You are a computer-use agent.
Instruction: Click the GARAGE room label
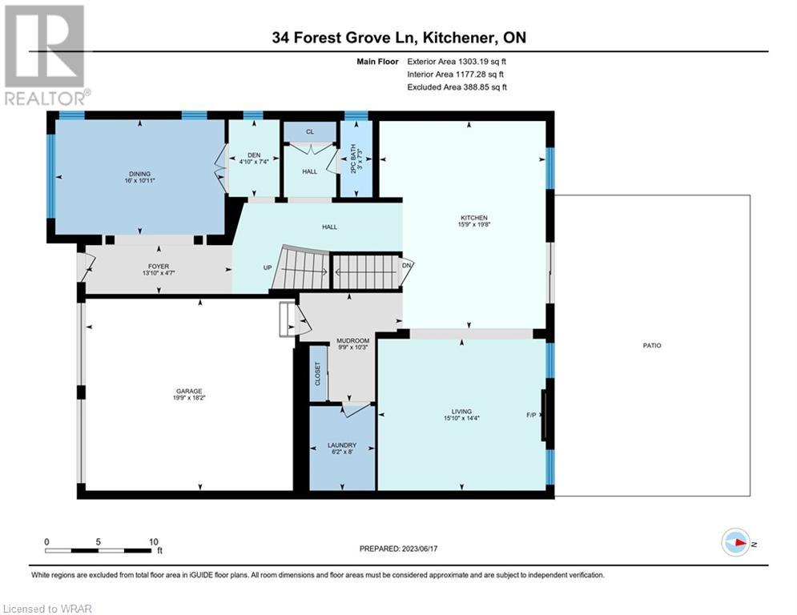189,391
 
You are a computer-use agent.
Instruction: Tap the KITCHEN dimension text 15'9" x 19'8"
473,224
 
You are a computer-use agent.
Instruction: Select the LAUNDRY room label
341,444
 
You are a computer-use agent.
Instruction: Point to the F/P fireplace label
531,416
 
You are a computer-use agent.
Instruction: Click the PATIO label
652,346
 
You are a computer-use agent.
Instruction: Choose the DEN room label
254,155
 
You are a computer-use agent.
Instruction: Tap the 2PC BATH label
354,159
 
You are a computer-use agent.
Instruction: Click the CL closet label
310,131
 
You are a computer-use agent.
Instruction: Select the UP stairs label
268,267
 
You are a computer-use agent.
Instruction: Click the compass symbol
736,543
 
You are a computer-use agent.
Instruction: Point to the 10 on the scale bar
154,542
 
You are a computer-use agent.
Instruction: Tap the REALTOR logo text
46,98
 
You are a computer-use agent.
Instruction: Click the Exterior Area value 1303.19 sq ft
482,62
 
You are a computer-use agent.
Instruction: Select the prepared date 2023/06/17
420,549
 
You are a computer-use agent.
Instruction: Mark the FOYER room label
159,267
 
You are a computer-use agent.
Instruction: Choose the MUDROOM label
352,340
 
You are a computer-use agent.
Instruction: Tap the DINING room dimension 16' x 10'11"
140,180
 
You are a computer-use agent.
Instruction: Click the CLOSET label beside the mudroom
318,374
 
